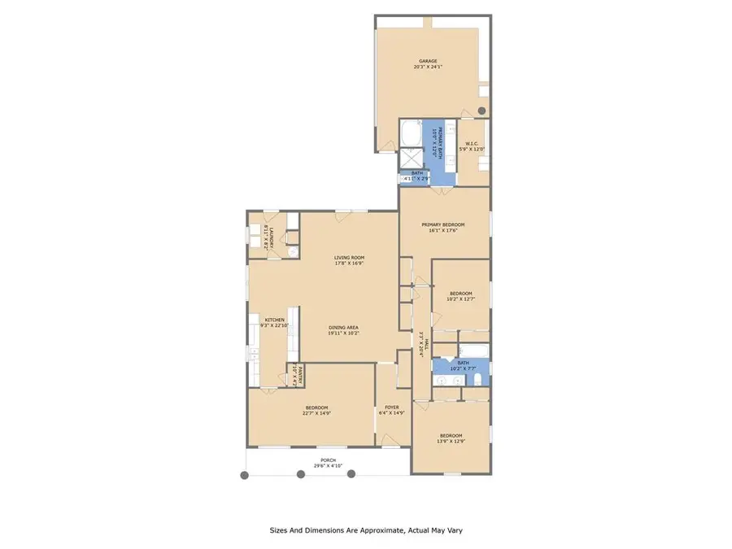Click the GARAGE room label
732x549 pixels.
click(x=428, y=61)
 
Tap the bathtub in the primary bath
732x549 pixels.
click(x=412, y=133)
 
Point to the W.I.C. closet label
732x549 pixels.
click(x=472, y=144)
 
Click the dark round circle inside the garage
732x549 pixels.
click(x=481, y=110)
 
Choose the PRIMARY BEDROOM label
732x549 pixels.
click(x=442, y=224)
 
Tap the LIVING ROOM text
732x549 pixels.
click(x=349, y=258)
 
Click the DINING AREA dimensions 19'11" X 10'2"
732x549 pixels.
click(x=349, y=333)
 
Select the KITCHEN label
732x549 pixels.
click(x=274, y=320)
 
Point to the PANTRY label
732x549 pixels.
click(x=300, y=375)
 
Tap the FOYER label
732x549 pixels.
click(x=391, y=407)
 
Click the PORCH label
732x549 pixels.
click(x=328, y=460)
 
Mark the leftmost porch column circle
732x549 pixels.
click(x=243, y=475)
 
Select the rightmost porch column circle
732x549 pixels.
click(x=351, y=474)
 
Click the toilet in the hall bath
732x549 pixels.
click(x=479, y=381)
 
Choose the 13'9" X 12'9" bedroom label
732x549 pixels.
click(x=450, y=438)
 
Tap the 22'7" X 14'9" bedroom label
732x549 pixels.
click(x=316, y=410)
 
